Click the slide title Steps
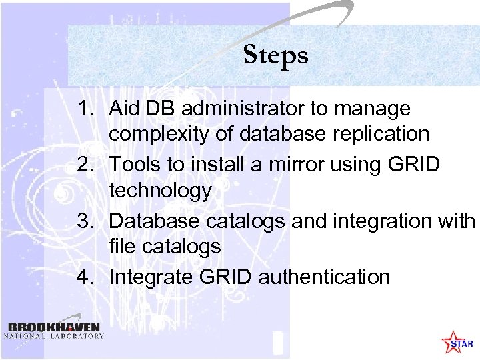(275, 55)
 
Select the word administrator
(245, 108)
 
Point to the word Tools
(135, 164)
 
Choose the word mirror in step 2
(297, 164)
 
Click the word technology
(160, 191)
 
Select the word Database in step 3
(153, 220)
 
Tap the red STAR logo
(457, 342)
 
